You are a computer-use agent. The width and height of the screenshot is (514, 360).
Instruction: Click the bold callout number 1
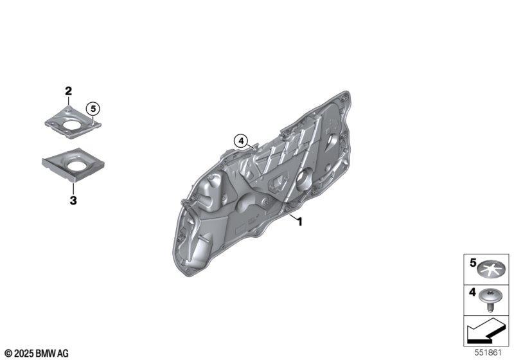pos(299,222)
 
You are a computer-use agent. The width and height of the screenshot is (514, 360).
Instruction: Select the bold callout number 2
pos(68,91)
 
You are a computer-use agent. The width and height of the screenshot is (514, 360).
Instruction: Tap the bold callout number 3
pos(73,200)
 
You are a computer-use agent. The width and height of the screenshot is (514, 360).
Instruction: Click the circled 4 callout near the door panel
pos(241,141)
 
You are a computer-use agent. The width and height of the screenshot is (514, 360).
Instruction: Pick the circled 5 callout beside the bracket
pos(93,109)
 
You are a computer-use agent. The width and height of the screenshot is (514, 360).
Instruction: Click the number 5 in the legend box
pos(473,263)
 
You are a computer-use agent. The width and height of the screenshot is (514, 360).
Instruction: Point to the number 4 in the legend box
pos(472,292)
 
